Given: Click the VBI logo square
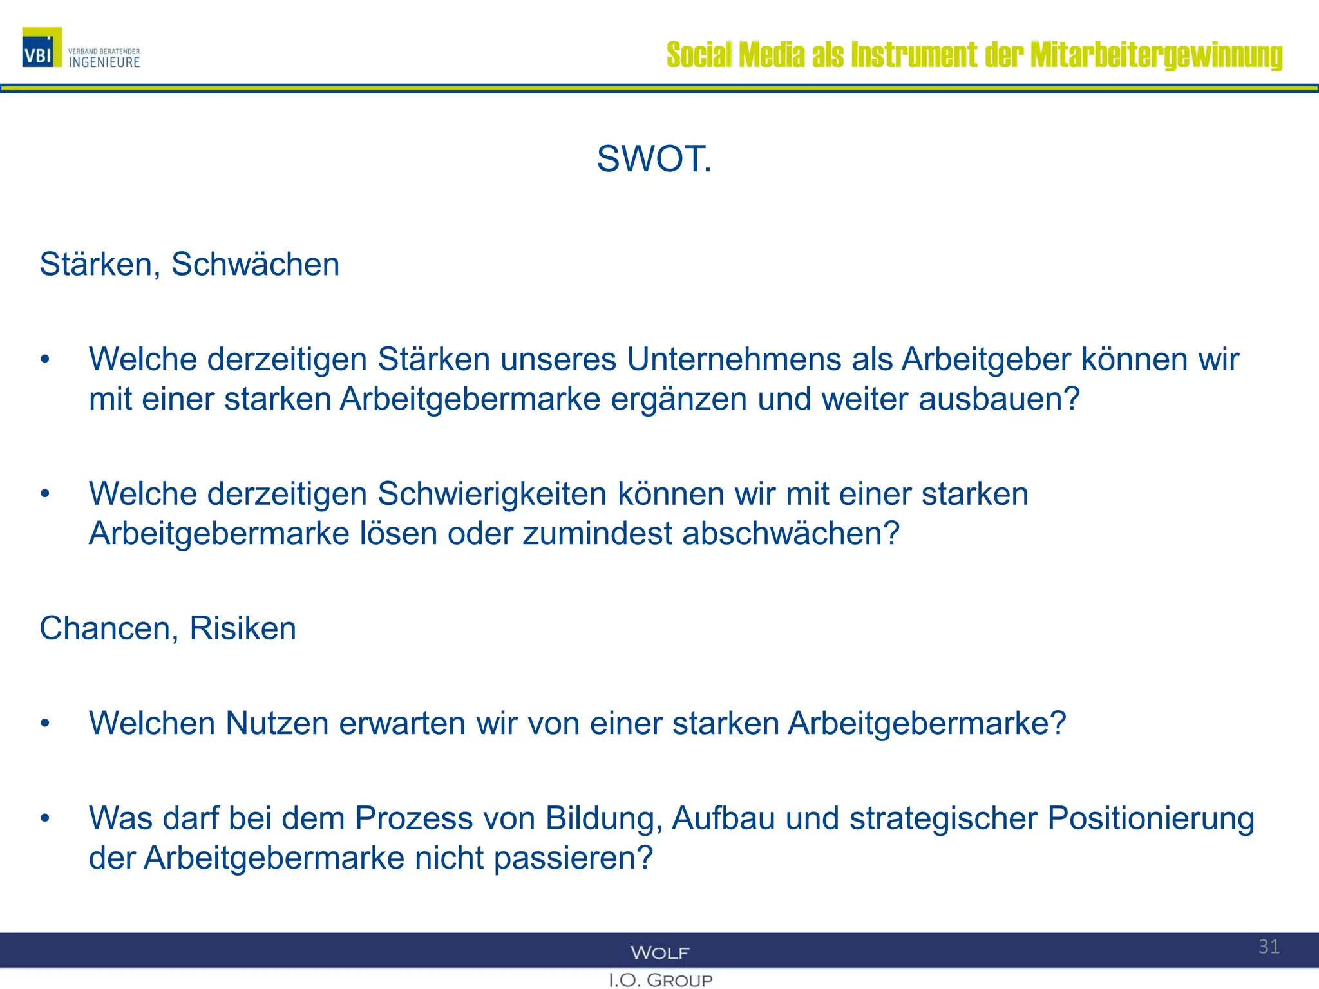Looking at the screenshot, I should point(42,48).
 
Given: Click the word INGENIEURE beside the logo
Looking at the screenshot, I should point(104,62).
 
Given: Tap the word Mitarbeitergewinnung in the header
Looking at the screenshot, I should point(1156,55).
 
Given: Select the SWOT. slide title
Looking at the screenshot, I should point(654,159).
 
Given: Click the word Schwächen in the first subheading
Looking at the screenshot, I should point(255,265).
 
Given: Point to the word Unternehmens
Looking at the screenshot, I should point(734,359).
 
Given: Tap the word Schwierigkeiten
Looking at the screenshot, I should point(492,494).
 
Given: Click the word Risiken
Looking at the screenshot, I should point(243,628).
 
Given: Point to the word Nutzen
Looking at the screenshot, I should point(277,723).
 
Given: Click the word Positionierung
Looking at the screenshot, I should point(1150,818).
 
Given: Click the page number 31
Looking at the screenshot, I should point(1269,947).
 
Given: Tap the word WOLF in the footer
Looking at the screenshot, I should point(659,953).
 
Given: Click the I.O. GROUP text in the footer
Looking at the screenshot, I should point(660,980).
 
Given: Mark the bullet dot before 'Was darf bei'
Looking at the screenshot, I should point(45,818).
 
